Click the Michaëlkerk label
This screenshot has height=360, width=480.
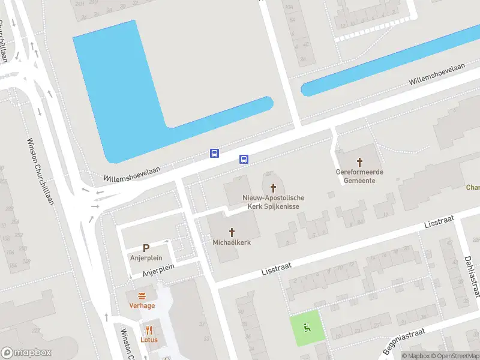(232, 242)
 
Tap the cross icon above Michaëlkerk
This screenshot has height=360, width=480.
(232, 232)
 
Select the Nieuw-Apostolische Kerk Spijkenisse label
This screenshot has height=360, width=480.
(274, 202)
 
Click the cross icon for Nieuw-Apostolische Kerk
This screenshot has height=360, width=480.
(274, 188)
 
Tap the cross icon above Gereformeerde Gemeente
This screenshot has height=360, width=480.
(360, 162)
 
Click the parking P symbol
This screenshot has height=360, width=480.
(146, 248)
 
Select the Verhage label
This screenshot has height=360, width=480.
(142, 305)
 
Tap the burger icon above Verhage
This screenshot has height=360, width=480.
(142, 295)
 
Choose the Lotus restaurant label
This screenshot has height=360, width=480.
(149, 339)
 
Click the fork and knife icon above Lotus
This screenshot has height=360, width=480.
(149, 329)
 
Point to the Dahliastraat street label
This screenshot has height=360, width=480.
(472, 276)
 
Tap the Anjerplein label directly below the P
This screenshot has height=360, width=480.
(146, 258)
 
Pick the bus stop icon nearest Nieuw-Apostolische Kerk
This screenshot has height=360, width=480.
(244, 159)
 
